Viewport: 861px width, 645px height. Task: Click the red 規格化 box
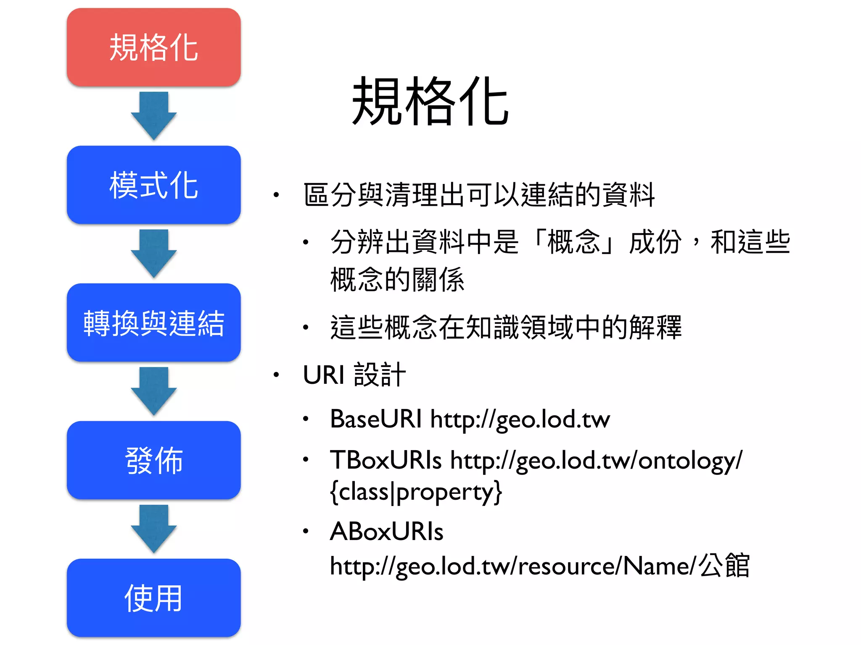pos(153,47)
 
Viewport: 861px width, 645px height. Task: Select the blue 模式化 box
pos(153,185)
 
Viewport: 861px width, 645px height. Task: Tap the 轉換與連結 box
pos(153,322)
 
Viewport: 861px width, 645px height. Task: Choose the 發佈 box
pos(153,460)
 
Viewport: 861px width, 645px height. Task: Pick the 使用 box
pos(153,598)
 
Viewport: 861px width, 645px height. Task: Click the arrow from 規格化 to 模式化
pos(153,115)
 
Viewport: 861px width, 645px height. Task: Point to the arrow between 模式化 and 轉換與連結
pos(153,253)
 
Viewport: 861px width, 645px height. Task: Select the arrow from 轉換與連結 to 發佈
pos(153,391)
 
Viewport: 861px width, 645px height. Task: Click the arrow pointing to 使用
pos(153,529)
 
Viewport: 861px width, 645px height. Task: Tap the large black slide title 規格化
pos(430,102)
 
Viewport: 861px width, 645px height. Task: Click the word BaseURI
pos(375,419)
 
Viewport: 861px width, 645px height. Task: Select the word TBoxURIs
pos(386,460)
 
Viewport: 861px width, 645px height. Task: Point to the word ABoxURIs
pos(386,531)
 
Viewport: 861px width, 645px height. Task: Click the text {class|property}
pos(416,492)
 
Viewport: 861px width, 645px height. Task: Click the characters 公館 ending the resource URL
pos(724,565)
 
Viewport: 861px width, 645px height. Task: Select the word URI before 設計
pos(323,375)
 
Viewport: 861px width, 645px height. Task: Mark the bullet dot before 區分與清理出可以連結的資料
pos(276,195)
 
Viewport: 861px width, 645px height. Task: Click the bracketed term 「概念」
pos(573,242)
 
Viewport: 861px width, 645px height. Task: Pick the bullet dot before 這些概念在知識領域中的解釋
pos(306,327)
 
